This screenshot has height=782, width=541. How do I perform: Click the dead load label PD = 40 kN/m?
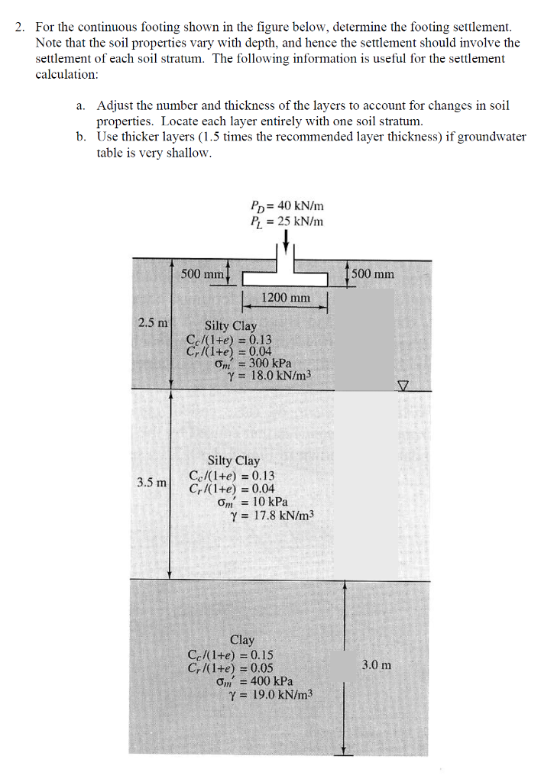tap(287, 205)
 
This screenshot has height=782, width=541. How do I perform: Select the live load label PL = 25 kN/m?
tap(287, 221)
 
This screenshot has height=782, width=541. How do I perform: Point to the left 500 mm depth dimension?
tap(202, 273)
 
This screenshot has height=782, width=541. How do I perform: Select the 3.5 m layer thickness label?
tap(152, 483)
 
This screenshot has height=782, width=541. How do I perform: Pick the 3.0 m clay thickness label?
tap(377, 664)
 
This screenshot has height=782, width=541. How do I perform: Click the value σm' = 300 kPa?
tap(254, 364)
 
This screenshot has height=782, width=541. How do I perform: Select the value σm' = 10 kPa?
tap(252, 502)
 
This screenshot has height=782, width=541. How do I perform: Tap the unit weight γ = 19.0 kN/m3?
tap(271, 694)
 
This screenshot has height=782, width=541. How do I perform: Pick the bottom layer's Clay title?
tap(242, 640)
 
